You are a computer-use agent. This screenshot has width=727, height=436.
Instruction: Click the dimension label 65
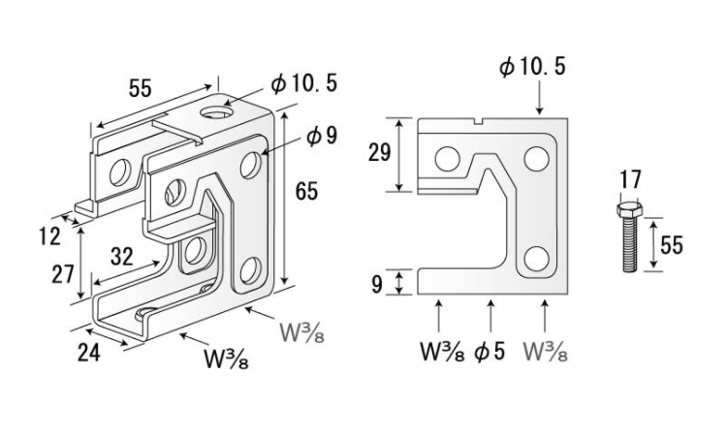coord(307,192)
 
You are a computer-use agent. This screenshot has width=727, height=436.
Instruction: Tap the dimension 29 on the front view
coord(377,153)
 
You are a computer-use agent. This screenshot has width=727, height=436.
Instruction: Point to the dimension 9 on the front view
coord(378,283)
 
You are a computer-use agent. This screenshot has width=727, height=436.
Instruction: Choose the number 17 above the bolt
coord(629,180)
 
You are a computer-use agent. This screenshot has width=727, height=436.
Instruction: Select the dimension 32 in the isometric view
coord(122,257)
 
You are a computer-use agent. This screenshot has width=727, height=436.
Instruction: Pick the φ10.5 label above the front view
coord(532,67)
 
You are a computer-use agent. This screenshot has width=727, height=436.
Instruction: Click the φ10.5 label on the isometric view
coord(304,85)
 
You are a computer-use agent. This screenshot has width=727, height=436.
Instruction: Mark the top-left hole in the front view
coord(447,157)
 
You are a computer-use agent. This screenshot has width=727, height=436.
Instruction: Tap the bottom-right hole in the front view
coord(534,259)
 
